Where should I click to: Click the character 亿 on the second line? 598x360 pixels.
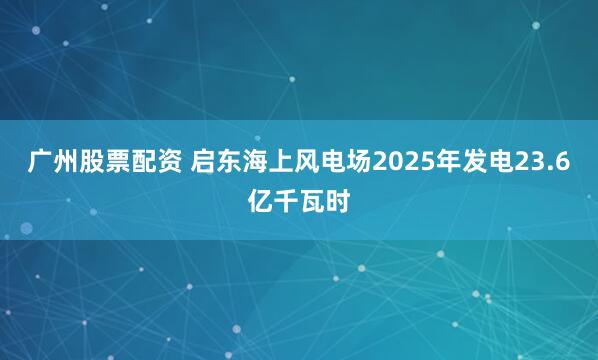[260, 203]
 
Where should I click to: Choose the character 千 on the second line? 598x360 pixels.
[286, 203]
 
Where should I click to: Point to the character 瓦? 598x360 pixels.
[312, 203]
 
